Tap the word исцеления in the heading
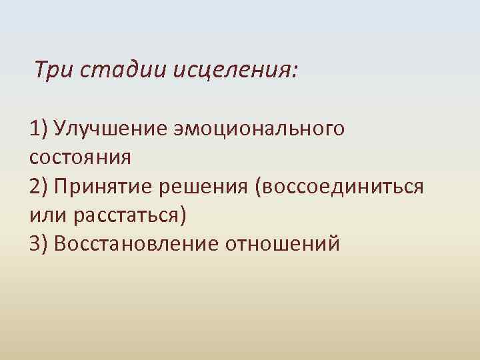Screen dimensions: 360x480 (231, 69)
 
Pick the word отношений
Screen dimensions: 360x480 (283, 245)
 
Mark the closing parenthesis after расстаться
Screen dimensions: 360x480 (185, 216)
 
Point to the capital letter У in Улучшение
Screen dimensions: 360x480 (61, 127)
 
